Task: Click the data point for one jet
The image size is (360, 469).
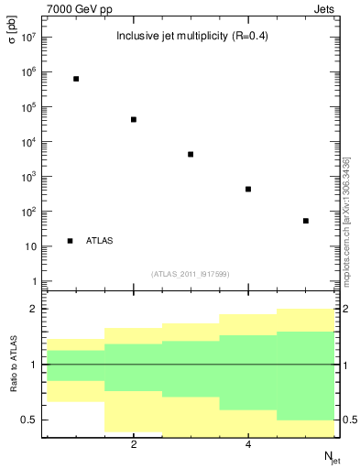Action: (76, 79)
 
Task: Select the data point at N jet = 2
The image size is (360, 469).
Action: (134, 119)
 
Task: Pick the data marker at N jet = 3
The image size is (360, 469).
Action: (191, 154)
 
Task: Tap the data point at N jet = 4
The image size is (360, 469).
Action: (248, 189)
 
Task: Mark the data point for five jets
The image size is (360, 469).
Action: (306, 221)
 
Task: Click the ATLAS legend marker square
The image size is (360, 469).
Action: (71, 241)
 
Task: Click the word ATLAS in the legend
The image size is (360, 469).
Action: (100, 241)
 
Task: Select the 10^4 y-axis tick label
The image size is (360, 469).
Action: (27, 142)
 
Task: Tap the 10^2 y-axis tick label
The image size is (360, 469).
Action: (27, 212)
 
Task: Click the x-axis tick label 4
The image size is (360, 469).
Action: (248, 445)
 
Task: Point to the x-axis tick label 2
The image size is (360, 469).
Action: (134, 445)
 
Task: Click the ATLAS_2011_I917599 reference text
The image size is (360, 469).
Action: (191, 273)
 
